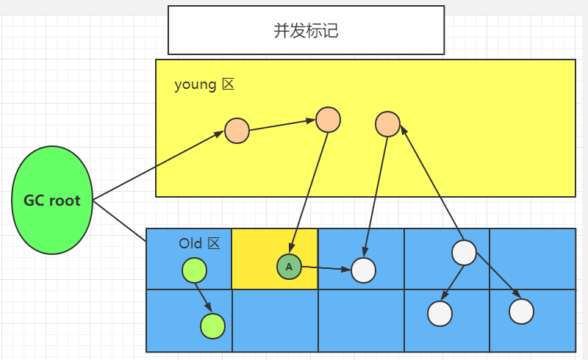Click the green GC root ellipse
pos(52,200)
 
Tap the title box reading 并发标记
pos(306,30)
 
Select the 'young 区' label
pos(204,84)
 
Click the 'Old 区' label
pos(199,243)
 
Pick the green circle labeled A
pos(289,267)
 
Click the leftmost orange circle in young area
pos(237,131)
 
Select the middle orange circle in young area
pos(328,119)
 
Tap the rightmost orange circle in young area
pos(387,124)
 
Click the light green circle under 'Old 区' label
pos(194,270)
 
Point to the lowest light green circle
pos(212,325)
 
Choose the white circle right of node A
pos(363,270)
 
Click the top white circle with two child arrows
pos(464,252)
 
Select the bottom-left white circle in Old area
pos(440,313)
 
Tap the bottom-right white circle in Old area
pos(521,311)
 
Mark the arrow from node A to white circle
pos(326,268)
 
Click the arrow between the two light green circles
pos(204,298)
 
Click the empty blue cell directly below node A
pos(275,321)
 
